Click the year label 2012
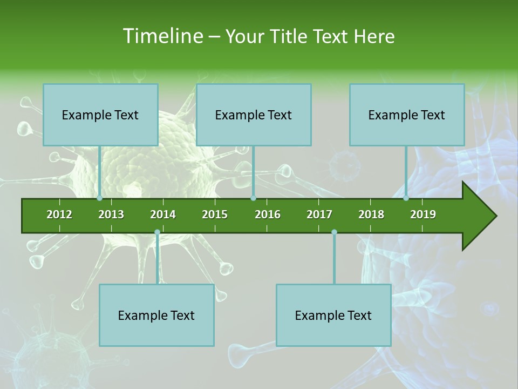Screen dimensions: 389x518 pyautogui.click(x=59, y=214)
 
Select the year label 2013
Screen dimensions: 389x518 pyautogui.click(x=111, y=214)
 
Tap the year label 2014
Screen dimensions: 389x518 pyautogui.click(x=163, y=214)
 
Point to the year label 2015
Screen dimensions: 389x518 pyautogui.click(x=215, y=214)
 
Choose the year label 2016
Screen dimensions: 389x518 pyautogui.click(x=268, y=214)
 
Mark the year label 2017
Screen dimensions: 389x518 pyautogui.click(x=319, y=214)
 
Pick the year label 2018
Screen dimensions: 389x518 pyautogui.click(x=371, y=214)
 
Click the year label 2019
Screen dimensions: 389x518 pyautogui.click(x=423, y=214)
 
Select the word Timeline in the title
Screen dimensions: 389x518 pyautogui.click(x=162, y=36)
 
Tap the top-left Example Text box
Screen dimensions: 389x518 pyautogui.click(x=100, y=115)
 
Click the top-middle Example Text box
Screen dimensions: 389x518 pyautogui.click(x=254, y=115)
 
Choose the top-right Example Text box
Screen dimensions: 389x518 pyautogui.click(x=407, y=115)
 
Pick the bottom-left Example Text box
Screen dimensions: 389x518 pyautogui.click(x=156, y=315)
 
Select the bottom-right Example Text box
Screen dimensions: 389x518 pyautogui.click(x=333, y=315)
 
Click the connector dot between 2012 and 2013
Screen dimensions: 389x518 pyautogui.click(x=100, y=198)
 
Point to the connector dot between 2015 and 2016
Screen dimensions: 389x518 pyautogui.click(x=253, y=198)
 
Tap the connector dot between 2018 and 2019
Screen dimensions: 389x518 pyautogui.click(x=406, y=198)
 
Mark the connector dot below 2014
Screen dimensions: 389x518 pyautogui.click(x=157, y=232)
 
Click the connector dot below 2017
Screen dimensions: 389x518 pyautogui.click(x=334, y=232)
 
